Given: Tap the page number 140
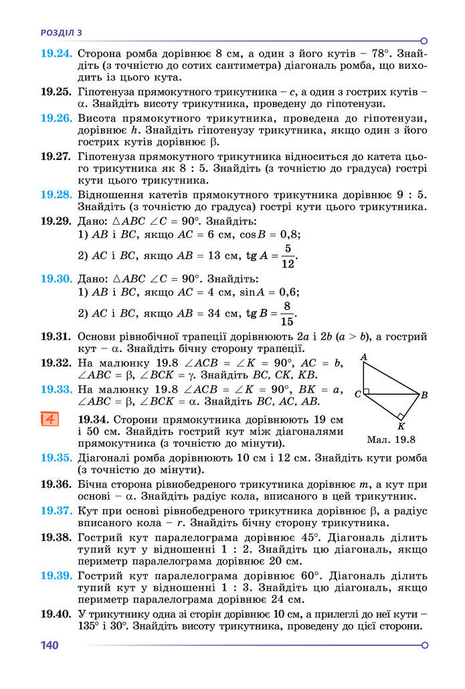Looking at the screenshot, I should pyautogui.click(x=50, y=646).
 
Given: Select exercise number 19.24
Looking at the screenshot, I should pyautogui.click(x=56, y=52).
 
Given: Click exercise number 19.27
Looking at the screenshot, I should pyautogui.click(x=56, y=157).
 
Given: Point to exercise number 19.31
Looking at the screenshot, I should pyautogui.click(x=56, y=336).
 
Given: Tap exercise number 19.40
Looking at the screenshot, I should pyautogui.click(x=56, y=613).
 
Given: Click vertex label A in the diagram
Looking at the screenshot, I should pyautogui.click(x=363, y=357).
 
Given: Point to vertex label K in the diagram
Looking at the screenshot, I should pyautogui.click(x=401, y=426).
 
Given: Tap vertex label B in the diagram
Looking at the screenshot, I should pyautogui.click(x=424, y=395).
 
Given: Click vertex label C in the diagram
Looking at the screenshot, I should pyautogui.click(x=358, y=395).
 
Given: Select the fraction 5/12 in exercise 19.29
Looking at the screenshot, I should pyautogui.click(x=287, y=256).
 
